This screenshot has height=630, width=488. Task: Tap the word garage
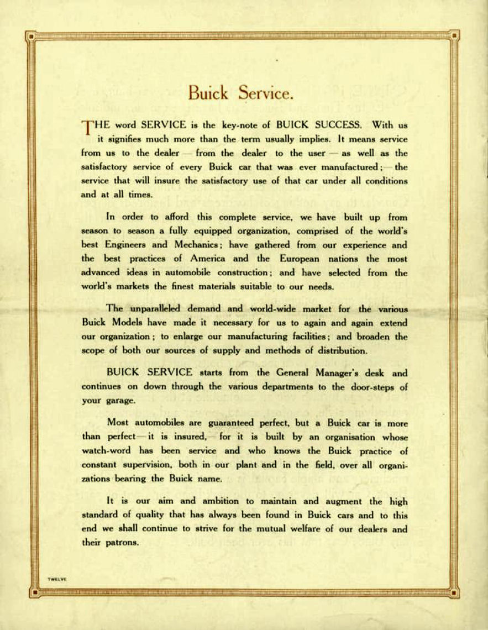pyautogui.click(x=119, y=401)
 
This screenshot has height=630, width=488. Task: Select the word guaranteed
pyautogui.click(x=237, y=423)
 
